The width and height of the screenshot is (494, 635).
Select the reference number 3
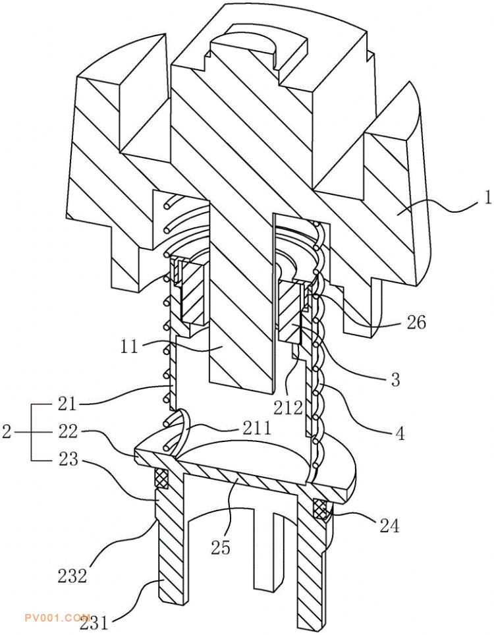pos(396,379)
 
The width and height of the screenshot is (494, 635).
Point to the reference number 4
pos(400,433)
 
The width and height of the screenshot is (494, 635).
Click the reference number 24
pos(389,525)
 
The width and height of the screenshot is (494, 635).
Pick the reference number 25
pos(221,547)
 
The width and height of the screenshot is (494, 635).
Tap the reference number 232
pos(72,576)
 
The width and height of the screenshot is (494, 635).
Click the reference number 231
pos(95,623)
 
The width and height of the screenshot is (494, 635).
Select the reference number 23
pos(67,459)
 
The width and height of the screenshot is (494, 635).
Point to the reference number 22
pos(67,431)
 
